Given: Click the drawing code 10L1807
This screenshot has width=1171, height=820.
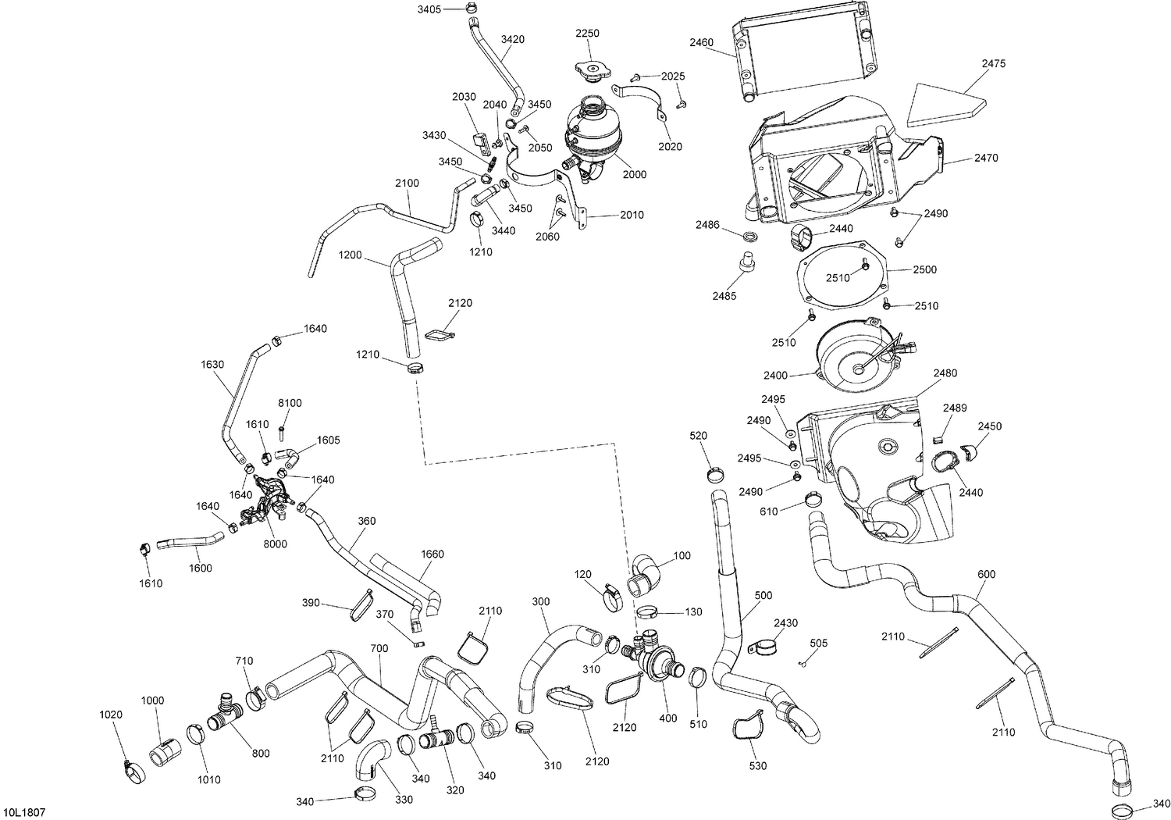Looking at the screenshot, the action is click(x=24, y=813).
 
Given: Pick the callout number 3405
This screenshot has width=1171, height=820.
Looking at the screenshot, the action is click(x=429, y=9).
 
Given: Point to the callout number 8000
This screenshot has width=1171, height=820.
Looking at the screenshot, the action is click(x=275, y=544).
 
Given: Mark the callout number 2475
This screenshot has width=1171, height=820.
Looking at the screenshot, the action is click(x=993, y=63).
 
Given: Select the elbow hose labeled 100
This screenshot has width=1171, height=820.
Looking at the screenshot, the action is click(x=644, y=576).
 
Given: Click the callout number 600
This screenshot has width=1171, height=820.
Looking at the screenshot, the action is click(x=987, y=574).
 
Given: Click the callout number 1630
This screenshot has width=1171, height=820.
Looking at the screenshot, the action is click(x=212, y=365).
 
